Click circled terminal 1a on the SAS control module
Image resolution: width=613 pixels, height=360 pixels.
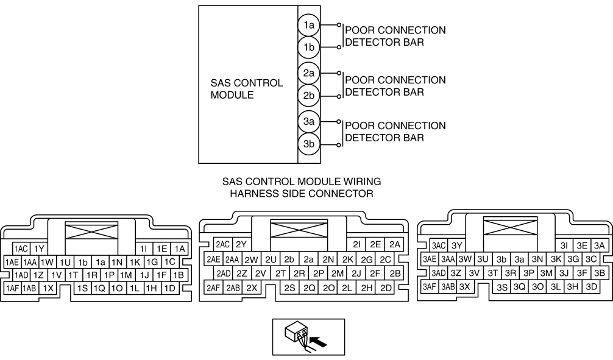point(309,26)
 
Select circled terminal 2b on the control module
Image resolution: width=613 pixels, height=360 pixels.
point(309,95)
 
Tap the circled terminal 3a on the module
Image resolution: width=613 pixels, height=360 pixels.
point(309,122)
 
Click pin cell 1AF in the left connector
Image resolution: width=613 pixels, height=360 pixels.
point(12,288)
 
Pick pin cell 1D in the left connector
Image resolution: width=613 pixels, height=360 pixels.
point(170,288)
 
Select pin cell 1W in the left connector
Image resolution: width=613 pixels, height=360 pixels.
point(48,261)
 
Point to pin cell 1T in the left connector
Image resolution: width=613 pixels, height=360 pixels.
point(74,275)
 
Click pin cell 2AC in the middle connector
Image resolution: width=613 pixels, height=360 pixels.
point(223,244)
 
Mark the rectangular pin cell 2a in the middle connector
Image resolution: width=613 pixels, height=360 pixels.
point(309,259)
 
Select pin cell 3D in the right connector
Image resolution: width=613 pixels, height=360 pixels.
point(590,286)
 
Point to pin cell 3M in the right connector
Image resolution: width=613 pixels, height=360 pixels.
point(547,273)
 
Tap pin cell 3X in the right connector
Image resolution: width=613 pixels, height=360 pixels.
point(465,286)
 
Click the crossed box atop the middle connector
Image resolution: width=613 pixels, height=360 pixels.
point(299,229)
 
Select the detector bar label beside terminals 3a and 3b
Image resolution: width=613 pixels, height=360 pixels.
point(395,132)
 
